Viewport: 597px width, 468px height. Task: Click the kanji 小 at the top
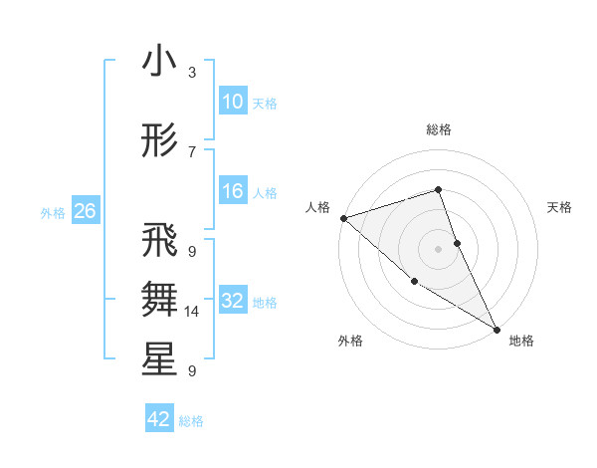coord(159,62)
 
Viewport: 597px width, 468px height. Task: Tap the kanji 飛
coord(159,241)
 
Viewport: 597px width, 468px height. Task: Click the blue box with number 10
coord(233,102)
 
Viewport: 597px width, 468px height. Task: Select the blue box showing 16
coord(233,191)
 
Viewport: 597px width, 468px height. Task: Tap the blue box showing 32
coord(233,301)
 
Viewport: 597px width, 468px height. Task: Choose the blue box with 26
coord(85,211)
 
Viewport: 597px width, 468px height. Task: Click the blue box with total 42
coord(159,419)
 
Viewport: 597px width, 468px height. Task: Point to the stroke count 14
coord(192,312)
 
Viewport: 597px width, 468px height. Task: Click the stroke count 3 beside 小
coord(192,73)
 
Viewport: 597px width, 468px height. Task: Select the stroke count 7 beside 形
coord(192,151)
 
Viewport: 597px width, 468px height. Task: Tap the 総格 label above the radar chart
coord(439,129)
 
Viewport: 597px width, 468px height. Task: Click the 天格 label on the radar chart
coord(559,207)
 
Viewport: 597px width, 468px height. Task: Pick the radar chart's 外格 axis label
coord(350,341)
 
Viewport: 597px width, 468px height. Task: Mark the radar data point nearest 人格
coord(343,217)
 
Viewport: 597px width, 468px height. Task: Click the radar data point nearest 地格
coord(497,329)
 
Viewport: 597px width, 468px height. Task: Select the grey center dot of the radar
coord(439,248)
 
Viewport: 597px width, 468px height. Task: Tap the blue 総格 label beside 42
coord(191,420)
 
